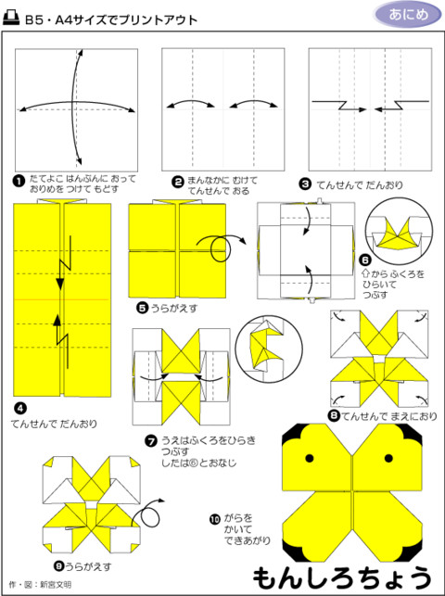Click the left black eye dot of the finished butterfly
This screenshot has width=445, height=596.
click(310, 459)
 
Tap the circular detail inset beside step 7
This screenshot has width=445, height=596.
click(265, 349)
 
